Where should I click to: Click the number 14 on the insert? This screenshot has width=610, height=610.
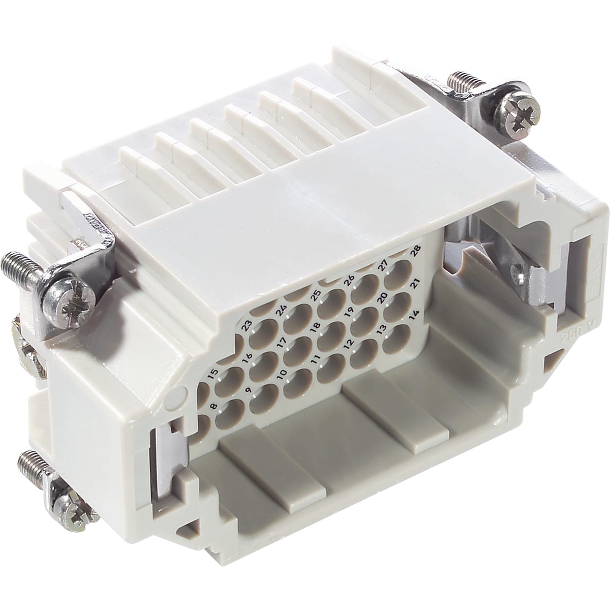(414, 314)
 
